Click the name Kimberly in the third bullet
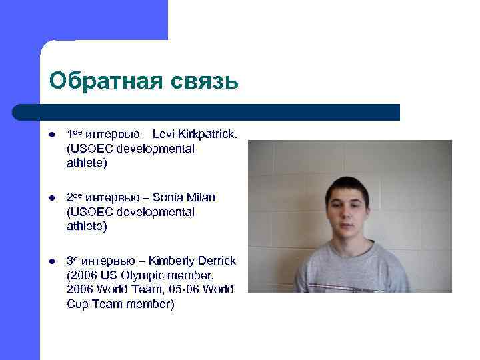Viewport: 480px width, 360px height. pyautogui.click(x=172, y=261)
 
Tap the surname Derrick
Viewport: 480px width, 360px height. pyautogui.click(x=217, y=261)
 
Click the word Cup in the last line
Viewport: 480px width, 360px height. pyautogui.click(x=77, y=304)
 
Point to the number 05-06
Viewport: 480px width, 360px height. pyautogui.click(x=187, y=290)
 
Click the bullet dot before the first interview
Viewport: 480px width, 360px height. pyautogui.click(x=52, y=135)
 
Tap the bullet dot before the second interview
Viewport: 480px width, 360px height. pyautogui.click(x=52, y=198)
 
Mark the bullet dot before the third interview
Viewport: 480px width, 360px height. pyautogui.click(x=52, y=261)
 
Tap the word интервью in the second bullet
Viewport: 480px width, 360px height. pyautogui.click(x=114, y=198)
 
